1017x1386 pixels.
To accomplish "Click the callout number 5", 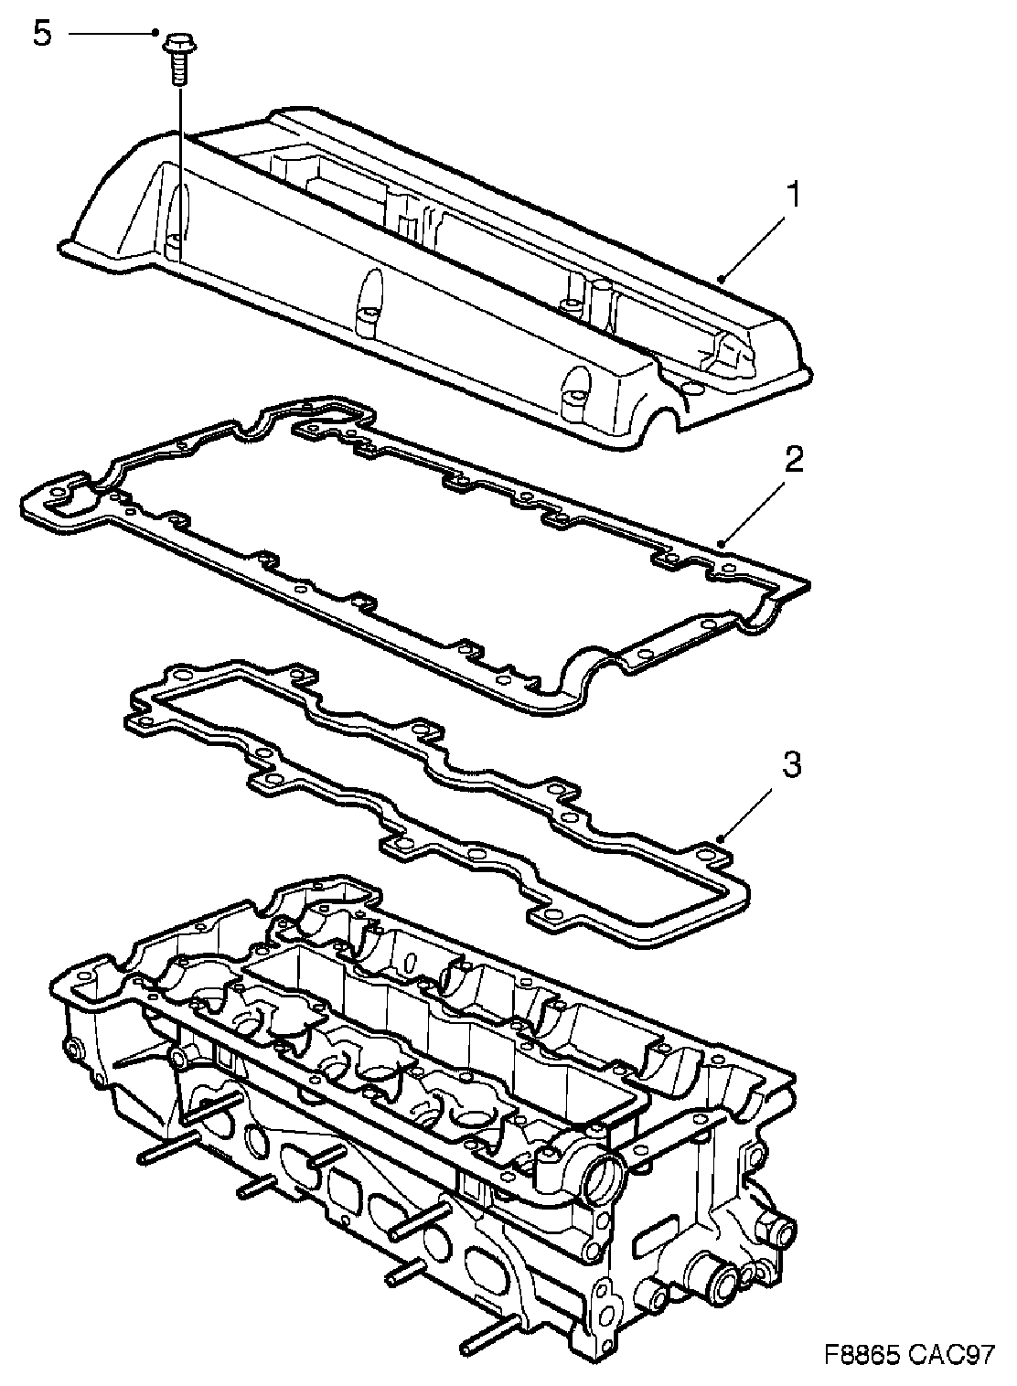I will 41,35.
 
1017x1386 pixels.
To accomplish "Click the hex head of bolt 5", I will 177,43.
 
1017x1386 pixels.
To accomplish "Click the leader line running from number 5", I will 110,34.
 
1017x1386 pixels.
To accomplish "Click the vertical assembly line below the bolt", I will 180,165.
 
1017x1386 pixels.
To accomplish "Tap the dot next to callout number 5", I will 157,34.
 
